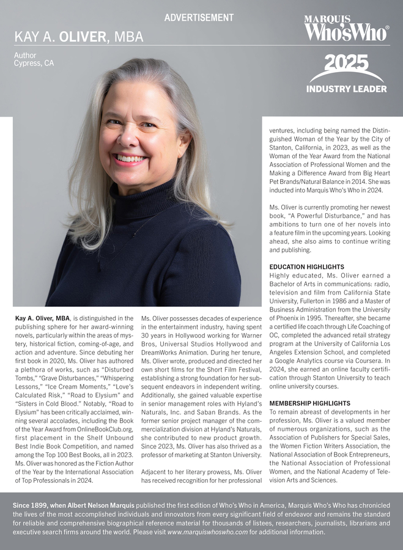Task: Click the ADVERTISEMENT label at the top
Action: [199, 18]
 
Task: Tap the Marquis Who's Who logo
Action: [346, 29]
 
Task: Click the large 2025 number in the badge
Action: [346, 63]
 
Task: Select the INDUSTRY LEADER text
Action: [346, 89]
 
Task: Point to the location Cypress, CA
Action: [34, 63]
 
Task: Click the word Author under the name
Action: [25, 56]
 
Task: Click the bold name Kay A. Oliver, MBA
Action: [42, 318]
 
